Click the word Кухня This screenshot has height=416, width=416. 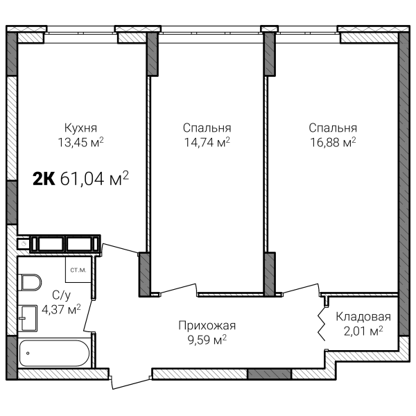coord(80,128)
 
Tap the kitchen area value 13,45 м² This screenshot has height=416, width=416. coord(80,142)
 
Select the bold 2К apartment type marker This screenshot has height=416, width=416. coord(44,179)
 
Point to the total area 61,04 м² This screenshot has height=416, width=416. coord(94,178)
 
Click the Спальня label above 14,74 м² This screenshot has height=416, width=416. coord(207,128)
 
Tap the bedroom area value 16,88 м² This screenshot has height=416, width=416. coord(333,142)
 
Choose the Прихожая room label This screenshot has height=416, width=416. coord(207,326)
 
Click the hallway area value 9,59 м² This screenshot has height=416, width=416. coord(207,340)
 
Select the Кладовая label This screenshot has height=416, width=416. coord(363,317)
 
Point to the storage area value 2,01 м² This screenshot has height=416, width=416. coord(363,331)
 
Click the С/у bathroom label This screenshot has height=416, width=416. coord(61,295)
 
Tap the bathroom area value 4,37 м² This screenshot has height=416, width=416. coord(61,309)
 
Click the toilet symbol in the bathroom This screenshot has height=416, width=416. coord(30,282)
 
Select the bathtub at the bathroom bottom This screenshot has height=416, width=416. coord(54,353)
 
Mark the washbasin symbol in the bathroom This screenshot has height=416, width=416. coord(28,318)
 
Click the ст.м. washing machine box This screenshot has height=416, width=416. coord(78,270)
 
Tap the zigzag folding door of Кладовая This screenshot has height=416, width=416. coord(322,324)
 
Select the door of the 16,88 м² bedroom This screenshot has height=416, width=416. coord(301,289)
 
